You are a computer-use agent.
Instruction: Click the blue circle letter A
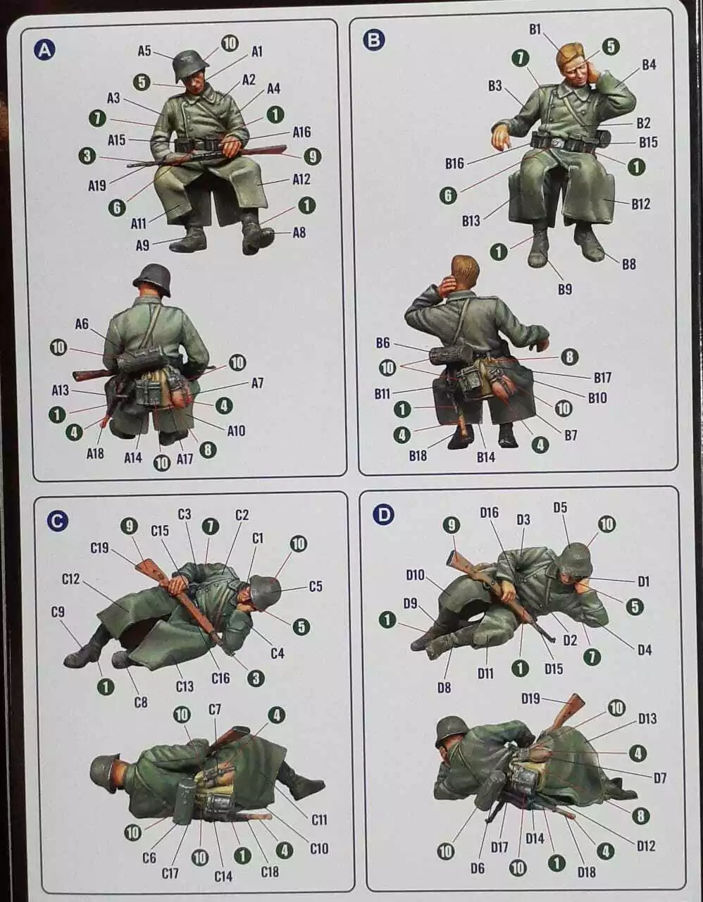[45, 50]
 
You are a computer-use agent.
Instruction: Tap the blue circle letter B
[374, 40]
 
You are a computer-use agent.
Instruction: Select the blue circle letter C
[57, 521]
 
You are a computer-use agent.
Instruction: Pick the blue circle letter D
[384, 515]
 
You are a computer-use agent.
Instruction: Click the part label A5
[144, 51]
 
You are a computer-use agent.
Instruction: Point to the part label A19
[97, 185]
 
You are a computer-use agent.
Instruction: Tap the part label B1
[535, 30]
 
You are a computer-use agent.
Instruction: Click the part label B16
[454, 163]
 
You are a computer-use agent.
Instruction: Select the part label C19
[100, 548]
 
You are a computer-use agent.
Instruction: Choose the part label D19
[530, 699]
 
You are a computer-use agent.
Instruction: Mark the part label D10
[415, 575]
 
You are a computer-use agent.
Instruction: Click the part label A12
[301, 179]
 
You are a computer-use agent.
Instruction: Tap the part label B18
[418, 456]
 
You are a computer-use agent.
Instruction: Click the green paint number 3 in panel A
[87, 156]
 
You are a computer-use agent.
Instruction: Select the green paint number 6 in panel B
[448, 195]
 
